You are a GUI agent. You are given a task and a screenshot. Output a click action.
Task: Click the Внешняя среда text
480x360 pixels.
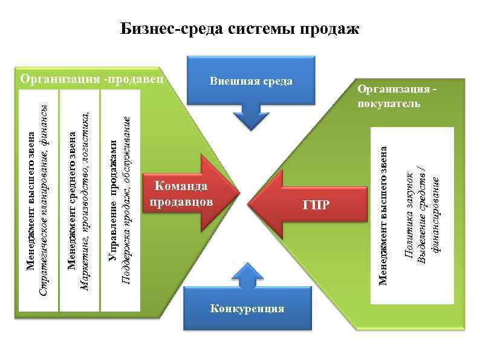[251, 80]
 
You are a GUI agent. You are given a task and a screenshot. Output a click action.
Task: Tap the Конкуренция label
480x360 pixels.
[247, 309]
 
